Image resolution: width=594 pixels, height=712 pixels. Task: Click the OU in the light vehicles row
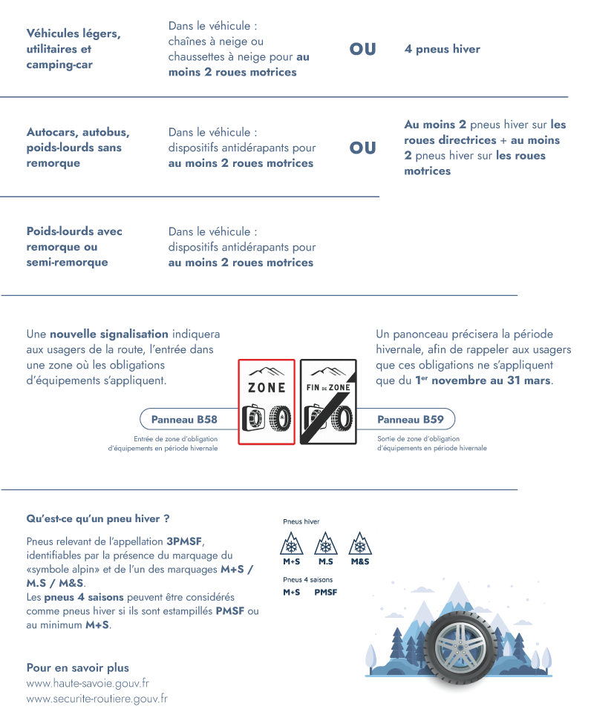[x=362, y=50]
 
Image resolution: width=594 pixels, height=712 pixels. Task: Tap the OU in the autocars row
[x=362, y=148]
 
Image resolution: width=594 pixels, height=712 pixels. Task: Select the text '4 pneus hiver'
[x=442, y=50]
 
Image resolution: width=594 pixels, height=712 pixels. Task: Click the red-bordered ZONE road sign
[x=267, y=401]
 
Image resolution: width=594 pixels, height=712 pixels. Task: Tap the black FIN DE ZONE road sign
[x=327, y=401]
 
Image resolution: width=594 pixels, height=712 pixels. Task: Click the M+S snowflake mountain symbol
[x=290, y=547]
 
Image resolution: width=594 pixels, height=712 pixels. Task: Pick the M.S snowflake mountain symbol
[x=325, y=547]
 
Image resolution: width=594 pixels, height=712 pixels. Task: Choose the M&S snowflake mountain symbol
[x=360, y=547]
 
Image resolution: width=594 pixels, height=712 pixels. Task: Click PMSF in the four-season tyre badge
[x=325, y=592]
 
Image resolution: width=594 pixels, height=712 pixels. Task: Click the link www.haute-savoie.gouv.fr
[x=88, y=683]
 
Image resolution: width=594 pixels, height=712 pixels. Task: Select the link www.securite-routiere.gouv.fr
[x=97, y=699]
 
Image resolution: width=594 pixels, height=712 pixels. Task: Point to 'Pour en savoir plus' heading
[x=77, y=667]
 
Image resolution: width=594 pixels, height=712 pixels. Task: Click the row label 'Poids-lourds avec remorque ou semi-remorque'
[x=74, y=247]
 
